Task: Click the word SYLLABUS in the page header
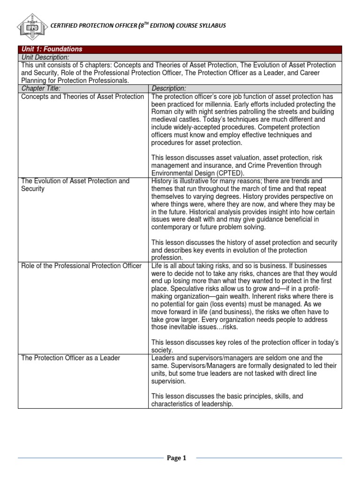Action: (210, 26)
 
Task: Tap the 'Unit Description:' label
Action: (45, 57)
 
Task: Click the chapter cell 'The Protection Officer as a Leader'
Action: (71, 358)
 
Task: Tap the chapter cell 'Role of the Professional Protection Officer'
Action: (82, 266)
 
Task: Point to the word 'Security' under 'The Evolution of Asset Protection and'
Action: (33, 189)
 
